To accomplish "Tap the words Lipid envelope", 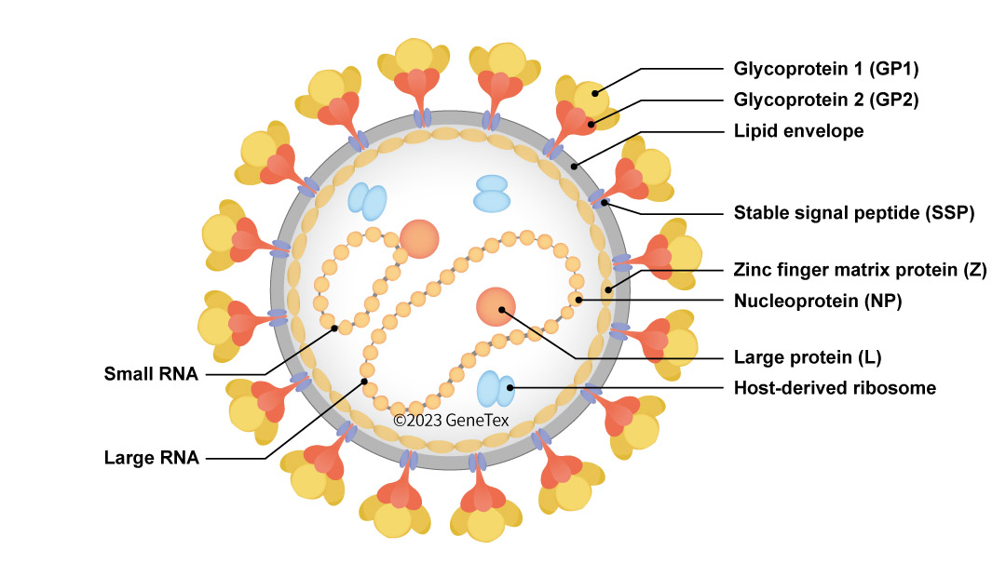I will pos(798,131).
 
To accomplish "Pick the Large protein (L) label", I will pos(807,356).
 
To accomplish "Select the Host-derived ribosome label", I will pos(835,387).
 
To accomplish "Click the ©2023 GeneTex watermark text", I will pos(451,421).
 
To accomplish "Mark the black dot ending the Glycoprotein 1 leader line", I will pos(593,91).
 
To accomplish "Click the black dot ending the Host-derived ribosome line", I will pos(509,386).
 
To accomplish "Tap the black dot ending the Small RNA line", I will pos(333,328).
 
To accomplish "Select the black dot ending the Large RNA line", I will pos(364,382).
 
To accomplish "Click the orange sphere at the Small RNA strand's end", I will pos(418,238).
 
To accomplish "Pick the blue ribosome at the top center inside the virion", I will pos(491,194).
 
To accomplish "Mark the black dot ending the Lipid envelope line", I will pos(575,167).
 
